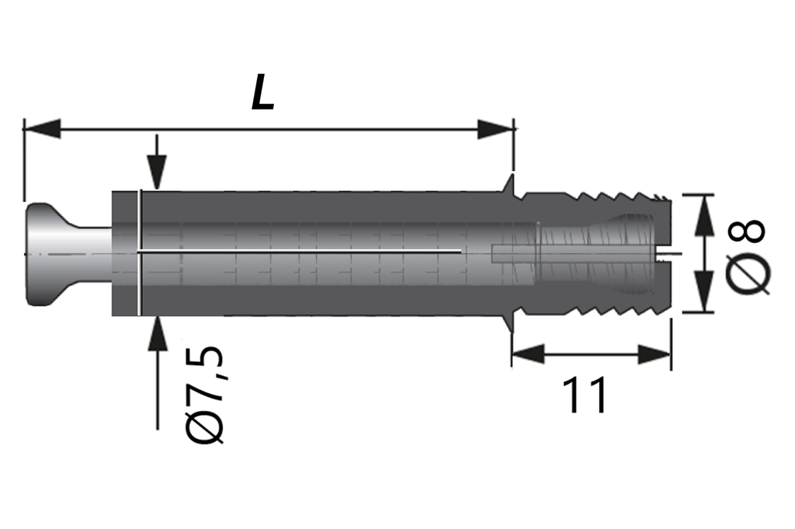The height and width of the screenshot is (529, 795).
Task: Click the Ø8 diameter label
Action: pyautogui.click(x=747, y=254)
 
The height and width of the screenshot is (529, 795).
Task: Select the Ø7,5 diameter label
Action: pyautogui.click(x=206, y=395)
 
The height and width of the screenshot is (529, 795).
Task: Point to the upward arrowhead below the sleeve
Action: pyautogui.click(x=157, y=332)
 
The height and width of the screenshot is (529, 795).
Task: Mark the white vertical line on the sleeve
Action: pyautogui.click(x=139, y=253)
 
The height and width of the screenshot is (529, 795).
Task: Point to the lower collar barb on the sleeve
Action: pyautogui.click(x=509, y=322)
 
